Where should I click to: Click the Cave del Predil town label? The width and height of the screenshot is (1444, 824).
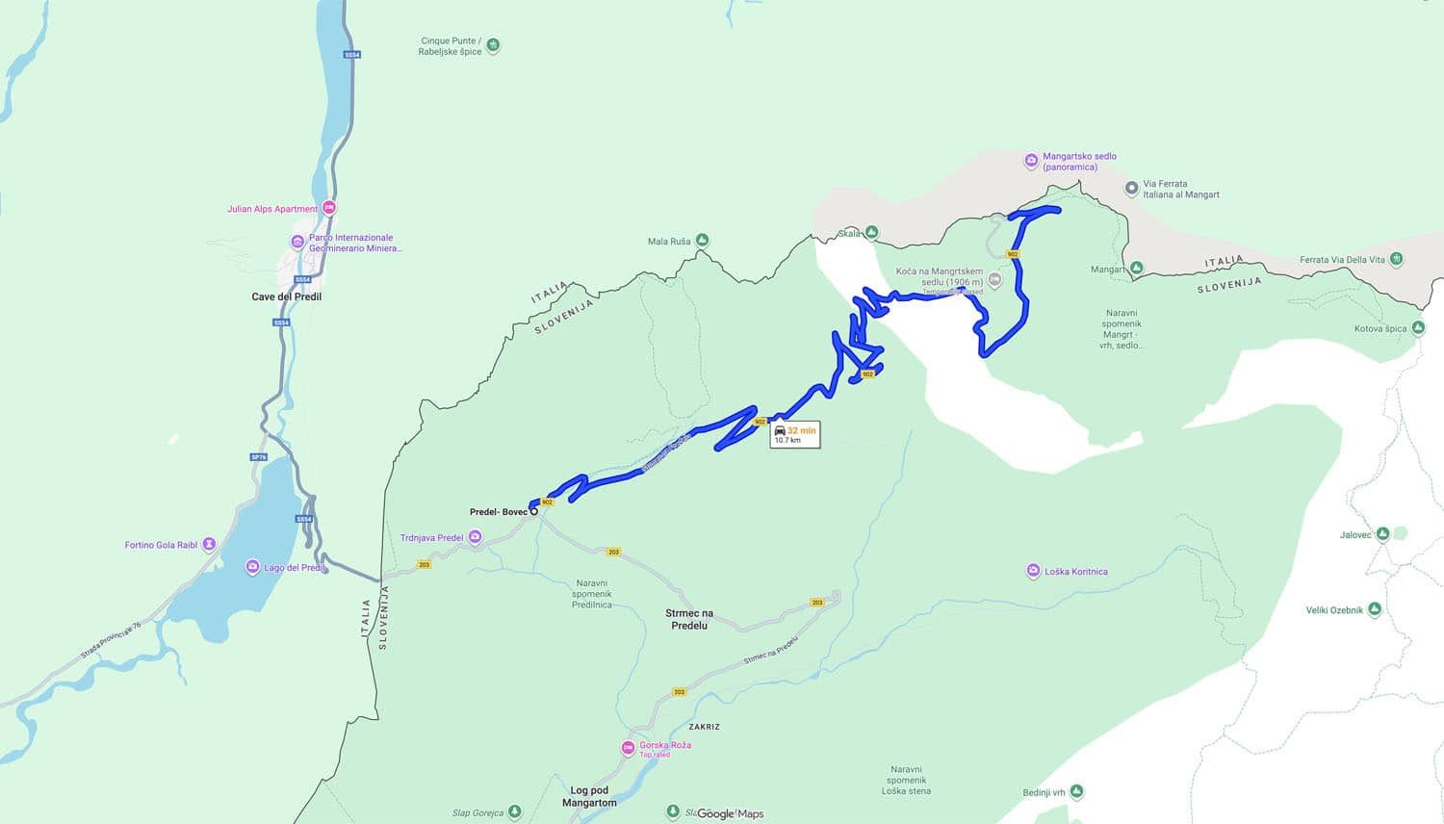286,296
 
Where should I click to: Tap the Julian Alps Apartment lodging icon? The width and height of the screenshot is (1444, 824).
329,208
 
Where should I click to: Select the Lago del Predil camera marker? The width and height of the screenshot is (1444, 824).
252,567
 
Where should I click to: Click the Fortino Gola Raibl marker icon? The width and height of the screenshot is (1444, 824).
210,545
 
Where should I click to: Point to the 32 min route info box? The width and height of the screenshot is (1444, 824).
794,434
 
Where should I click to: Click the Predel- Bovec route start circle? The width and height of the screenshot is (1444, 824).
534,512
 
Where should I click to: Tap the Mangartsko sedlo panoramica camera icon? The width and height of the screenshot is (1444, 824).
1031,161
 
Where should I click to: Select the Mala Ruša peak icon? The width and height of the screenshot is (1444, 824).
703,241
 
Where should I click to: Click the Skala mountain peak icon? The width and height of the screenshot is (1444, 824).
871,233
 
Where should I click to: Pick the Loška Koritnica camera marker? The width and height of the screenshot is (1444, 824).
1033,571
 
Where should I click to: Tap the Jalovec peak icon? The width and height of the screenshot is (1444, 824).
1383,533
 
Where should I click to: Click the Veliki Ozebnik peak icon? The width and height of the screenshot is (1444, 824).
1375,609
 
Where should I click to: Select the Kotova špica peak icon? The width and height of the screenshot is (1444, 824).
1418,328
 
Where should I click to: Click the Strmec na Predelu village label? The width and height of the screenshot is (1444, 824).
689,619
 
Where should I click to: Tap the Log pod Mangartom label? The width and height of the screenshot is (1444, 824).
589,796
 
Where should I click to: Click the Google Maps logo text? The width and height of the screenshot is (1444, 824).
730,813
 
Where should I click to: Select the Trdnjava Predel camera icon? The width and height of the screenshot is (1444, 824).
475,537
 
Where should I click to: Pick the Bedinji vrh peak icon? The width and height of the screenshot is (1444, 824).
1077,792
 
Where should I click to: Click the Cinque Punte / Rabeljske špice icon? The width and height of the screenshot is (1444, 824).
493,45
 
